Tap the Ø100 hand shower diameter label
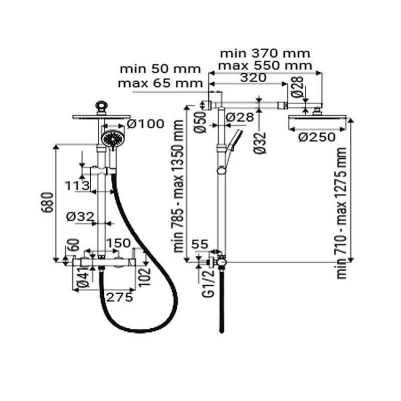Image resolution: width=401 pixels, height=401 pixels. pos(145,123)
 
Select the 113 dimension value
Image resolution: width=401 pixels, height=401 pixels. pos(77,185)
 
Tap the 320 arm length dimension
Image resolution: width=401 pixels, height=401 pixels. pos(253,78)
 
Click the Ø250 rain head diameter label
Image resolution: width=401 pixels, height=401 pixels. pos(317,137)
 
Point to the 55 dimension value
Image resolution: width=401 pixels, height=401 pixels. pos(200,244)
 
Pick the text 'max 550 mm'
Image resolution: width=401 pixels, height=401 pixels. pos(266,65)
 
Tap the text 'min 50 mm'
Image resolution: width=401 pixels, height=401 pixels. pos(159,69)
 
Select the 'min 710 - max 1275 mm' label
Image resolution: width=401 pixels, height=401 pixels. pos(342,213)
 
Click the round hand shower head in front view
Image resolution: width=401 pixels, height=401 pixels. pos(112,137)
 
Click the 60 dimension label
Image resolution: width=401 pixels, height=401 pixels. pos(75,246)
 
